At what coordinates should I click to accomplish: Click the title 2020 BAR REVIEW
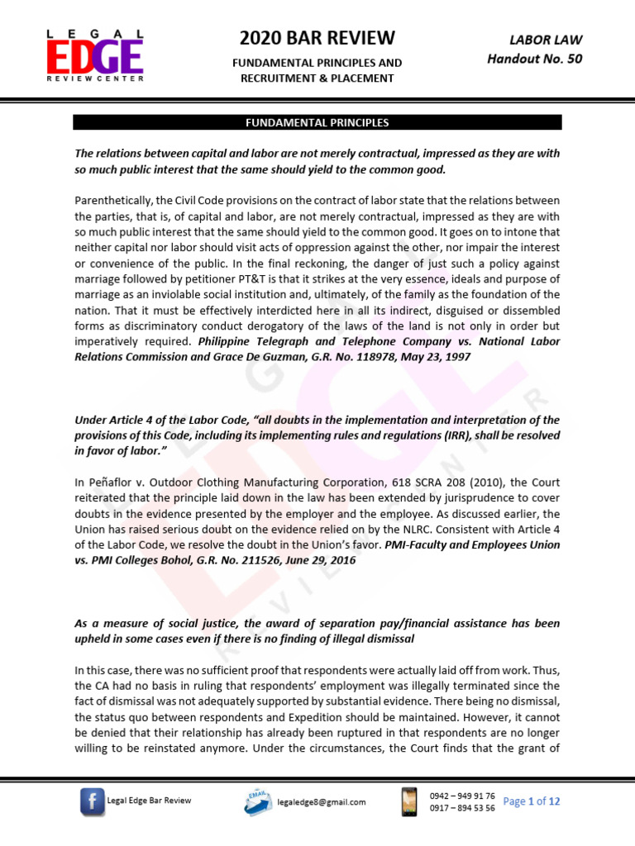317,38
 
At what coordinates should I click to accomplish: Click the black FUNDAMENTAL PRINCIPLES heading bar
317,123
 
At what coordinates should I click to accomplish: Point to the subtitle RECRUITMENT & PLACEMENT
317,78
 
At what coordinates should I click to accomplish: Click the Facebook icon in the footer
92,801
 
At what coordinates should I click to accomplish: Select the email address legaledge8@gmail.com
322,801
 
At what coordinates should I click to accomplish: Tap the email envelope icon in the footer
260,800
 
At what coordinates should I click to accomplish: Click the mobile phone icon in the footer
408,801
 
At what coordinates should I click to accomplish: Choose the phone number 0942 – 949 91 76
462,795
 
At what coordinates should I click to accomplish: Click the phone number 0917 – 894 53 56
462,808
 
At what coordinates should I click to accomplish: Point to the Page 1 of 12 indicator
532,801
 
